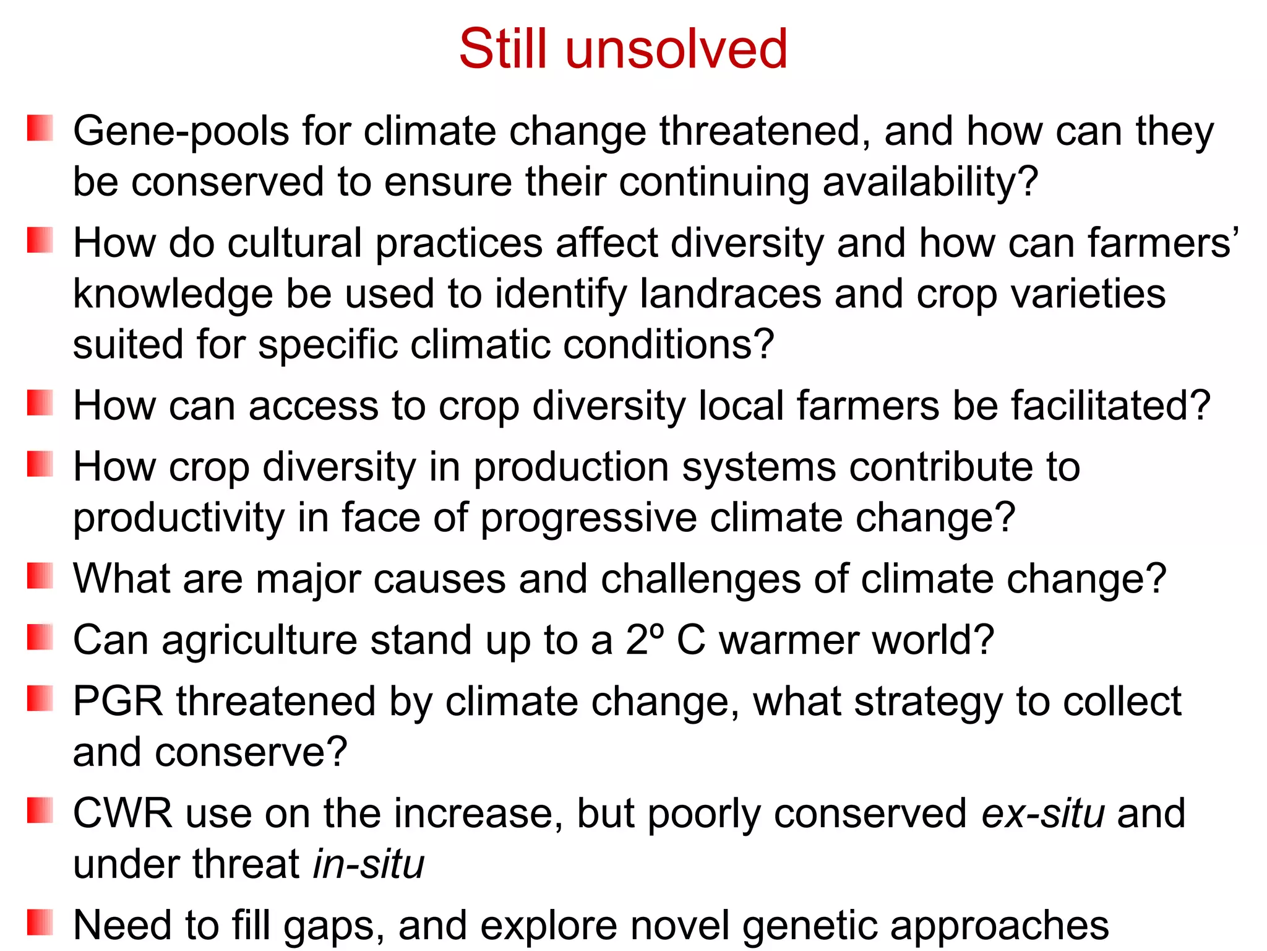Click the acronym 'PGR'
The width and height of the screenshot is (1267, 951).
(118, 701)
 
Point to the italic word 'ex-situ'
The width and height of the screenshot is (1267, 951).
(1042, 813)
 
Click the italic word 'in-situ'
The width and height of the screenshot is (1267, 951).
(369, 864)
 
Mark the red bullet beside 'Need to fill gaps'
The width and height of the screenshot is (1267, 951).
(40, 922)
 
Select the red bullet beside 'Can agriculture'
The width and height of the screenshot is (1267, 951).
(40, 637)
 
